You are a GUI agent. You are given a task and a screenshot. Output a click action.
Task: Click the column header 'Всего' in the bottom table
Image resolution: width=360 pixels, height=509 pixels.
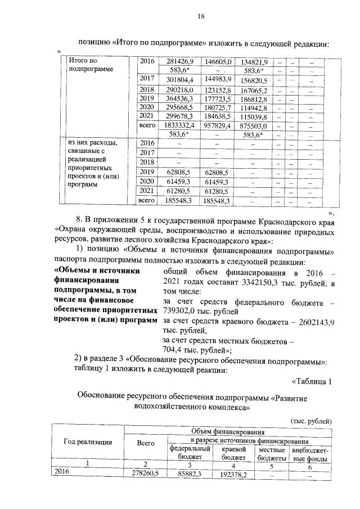(146, 443)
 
